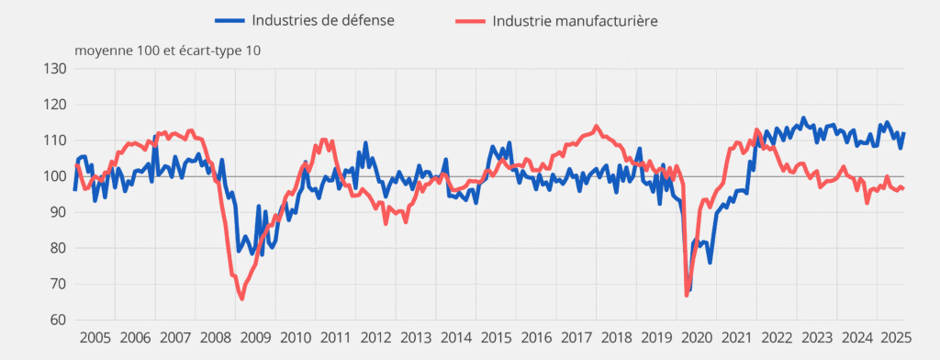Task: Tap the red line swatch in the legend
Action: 469,20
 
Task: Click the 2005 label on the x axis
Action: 95,337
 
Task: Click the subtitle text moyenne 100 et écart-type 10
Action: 167,50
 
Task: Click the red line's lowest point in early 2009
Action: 241,298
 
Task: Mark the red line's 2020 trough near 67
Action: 687,296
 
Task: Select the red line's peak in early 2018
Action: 597,126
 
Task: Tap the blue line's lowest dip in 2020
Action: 689,290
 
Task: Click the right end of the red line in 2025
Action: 904,188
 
